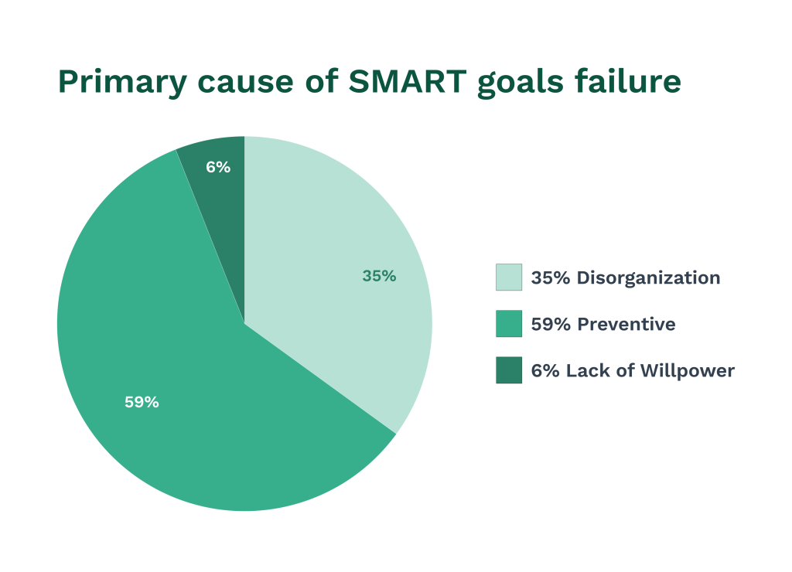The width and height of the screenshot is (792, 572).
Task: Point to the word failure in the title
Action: coord(633,81)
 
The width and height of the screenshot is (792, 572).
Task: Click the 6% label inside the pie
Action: coord(218,167)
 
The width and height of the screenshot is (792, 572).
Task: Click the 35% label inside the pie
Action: coord(379,276)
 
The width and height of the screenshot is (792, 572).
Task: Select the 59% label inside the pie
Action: coord(142,402)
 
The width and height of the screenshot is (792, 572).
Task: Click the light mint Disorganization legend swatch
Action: coord(508,277)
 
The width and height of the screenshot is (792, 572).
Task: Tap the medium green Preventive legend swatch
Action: coord(508,324)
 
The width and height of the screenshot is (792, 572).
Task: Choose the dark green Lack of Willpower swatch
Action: coord(508,370)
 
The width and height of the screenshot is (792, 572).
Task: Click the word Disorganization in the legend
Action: coord(648,277)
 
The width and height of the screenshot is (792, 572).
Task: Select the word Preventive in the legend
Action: coord(626,324)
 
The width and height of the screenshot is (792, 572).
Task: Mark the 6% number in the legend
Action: coord(544,370)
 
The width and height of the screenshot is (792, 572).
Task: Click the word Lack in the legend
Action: coord(588,370)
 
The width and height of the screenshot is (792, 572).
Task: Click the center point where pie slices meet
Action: coord(244,324)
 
